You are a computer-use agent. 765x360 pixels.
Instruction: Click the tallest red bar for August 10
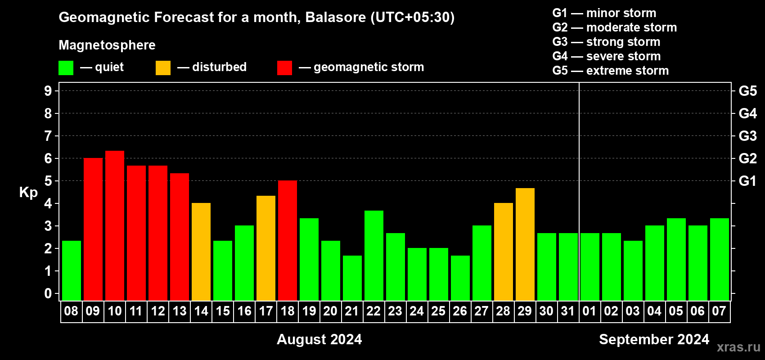(115, 225)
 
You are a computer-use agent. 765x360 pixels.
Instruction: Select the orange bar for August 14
(201, 252)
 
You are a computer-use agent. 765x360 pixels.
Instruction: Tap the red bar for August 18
(288, 240)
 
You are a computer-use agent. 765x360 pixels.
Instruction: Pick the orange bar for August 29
(525, 244)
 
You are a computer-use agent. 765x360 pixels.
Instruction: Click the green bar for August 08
(72, 270)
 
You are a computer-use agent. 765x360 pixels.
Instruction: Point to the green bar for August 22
(374, 256)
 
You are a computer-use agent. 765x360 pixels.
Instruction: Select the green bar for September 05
(676, 259)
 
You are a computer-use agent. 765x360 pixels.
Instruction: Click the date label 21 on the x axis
(352, 311)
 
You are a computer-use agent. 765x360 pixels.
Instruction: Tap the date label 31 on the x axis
(567, 311)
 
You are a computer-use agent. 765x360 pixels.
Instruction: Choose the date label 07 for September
(719, 311)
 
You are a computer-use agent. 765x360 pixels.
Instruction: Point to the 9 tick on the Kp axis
(48, 91)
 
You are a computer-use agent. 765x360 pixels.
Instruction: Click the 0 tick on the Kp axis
(48, 293)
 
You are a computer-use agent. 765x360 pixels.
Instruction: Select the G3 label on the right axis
(748, 136)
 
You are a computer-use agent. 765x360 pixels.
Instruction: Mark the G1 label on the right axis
(748, 181)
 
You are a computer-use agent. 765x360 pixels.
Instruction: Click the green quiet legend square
(66, 67)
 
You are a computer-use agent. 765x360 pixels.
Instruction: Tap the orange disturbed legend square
(163, 67)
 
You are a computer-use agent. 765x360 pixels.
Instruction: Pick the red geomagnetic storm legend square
(285, 67)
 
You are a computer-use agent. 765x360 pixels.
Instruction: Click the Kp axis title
(28, 193)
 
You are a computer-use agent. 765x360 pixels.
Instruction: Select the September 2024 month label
(654, 339)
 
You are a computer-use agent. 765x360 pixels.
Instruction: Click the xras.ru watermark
(738, 347)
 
